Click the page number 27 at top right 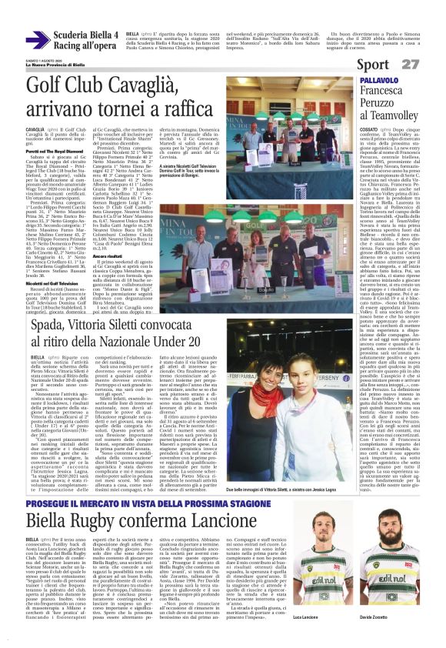[431, 65]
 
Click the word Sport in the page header [393, 65]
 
